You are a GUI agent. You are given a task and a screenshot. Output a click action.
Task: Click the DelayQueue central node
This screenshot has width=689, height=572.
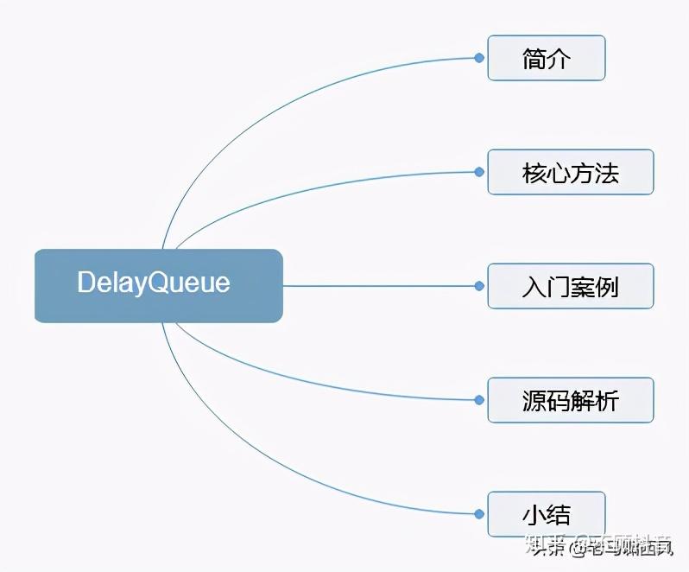point(159,285)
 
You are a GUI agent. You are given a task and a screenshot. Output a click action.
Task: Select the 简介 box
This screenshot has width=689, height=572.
point(546,58)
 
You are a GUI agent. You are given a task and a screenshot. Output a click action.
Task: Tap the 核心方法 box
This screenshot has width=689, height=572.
point(570,172)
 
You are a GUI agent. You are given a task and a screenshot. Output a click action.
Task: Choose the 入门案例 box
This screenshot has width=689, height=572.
point(570,286)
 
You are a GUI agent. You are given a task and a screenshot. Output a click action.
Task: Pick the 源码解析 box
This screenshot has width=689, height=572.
point(570,400)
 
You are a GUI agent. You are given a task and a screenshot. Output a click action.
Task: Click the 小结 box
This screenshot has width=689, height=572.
point(546,514)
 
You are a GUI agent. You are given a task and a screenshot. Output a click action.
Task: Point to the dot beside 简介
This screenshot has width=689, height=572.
point(479,58)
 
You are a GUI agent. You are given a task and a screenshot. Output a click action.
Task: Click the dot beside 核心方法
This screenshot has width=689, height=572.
point(479,172)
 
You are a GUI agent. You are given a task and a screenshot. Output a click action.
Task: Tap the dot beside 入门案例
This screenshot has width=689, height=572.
point(479,286)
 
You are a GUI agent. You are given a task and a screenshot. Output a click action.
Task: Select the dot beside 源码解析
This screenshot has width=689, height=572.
point(479,400)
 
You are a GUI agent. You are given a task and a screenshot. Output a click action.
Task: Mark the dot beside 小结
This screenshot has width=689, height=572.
point(479,514)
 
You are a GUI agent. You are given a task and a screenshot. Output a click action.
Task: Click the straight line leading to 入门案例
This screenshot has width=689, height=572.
point(380,286)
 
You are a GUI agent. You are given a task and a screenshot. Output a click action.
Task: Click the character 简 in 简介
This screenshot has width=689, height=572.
point(534,59)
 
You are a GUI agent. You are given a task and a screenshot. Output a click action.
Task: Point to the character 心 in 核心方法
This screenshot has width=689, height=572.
point(559,173)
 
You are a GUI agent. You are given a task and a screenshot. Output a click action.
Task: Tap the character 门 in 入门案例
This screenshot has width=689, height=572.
point(559,287)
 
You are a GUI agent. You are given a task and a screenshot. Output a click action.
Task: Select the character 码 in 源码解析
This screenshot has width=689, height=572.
point(559,401)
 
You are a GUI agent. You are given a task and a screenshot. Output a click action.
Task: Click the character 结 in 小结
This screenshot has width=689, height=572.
point(559,515)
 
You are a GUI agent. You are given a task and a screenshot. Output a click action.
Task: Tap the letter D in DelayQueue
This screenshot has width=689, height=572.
point(86,283)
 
